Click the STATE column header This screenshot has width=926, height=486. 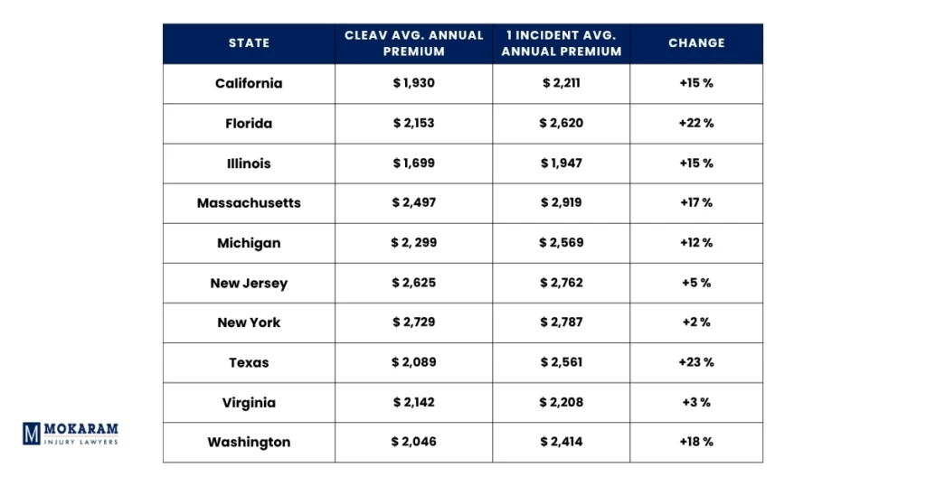249,43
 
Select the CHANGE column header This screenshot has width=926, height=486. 696,43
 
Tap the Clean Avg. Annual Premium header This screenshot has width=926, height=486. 413,43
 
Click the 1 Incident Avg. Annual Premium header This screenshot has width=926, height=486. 562,43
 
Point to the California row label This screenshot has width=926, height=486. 249,83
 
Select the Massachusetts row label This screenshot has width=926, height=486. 249,203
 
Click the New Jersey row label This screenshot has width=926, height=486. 249,283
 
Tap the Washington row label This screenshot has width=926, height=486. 249,443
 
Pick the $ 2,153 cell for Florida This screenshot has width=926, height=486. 413,123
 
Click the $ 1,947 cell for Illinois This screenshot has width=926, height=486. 562,164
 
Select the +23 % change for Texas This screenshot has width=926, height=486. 696,362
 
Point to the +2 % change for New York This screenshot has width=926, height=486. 696,322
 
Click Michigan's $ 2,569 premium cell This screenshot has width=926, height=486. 562,243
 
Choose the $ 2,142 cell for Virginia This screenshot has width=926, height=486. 413,403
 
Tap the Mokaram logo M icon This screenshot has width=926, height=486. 32,434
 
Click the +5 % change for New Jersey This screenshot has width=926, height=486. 696,283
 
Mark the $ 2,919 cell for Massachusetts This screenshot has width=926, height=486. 562,203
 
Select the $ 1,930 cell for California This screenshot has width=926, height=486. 413,83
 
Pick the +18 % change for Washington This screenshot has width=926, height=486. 696,443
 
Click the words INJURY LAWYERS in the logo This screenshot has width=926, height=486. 82,442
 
